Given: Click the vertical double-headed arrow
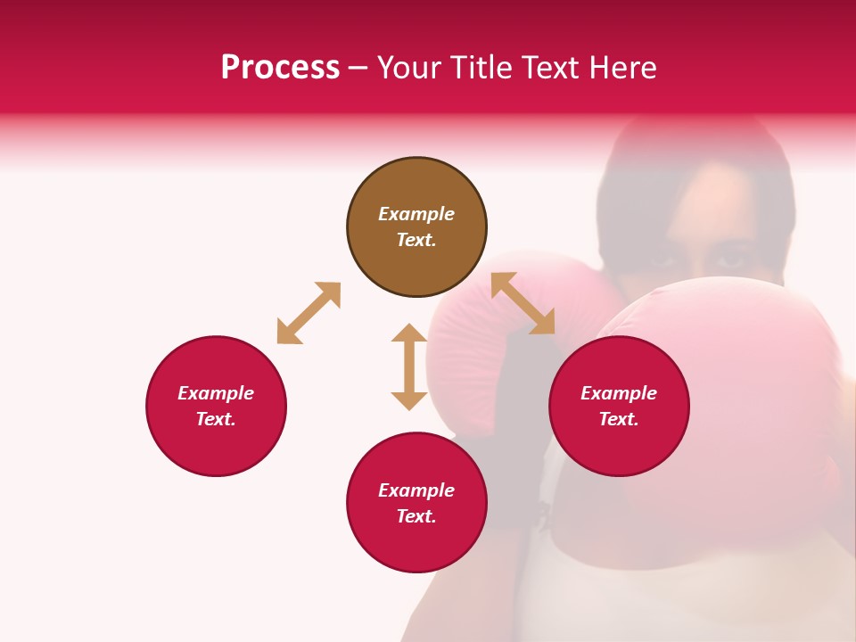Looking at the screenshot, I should click(x=409, y=366).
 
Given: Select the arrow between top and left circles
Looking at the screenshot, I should click(x=309, y=313).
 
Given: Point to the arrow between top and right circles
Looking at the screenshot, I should click(x=523, y=303).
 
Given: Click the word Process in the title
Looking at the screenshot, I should click(x=280, y=68).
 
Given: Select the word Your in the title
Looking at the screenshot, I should click(x=410, y=68).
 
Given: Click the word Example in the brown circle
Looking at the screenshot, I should click(x=416, y=214).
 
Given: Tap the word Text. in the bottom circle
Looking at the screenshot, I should click(x=416, y=516).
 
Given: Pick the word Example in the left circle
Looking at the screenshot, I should click(x=216, y=393).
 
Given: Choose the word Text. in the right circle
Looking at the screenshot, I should click(x=619, y=419).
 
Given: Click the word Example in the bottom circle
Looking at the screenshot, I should click(x=416, y=490).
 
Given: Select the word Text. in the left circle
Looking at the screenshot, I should click(x=216, y=419).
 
